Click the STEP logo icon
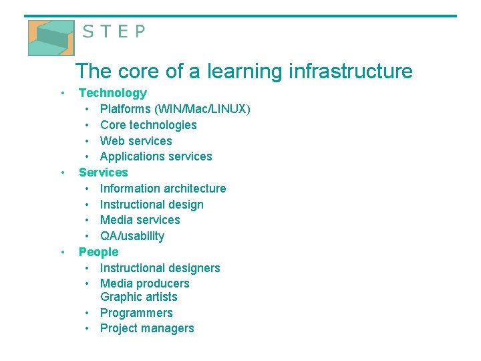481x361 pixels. tap(51, 37)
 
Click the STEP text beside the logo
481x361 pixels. tap(113, 32)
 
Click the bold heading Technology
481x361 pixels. tap(112, 93)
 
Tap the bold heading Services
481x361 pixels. tap(103, 172)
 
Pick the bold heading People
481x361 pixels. tap(98, 252)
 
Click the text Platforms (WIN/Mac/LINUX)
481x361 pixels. tap(175, 109)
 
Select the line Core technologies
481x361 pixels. tap(148, 125)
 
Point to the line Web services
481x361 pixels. tap(136, 141)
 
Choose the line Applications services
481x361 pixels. tap(156, 156)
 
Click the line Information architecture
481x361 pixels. tap(163, 189)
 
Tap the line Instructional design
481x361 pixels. tap(152, 205)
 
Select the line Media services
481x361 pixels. tap(140, 220)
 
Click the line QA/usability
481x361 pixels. tap(132, 236)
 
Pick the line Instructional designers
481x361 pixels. tap(160, 268)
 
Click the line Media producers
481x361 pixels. tap(144, 283)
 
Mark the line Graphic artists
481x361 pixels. tap(138, 297)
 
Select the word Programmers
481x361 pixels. tap(136, 313)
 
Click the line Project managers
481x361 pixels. tap(147, 328)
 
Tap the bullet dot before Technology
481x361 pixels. tap(62, 93)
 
